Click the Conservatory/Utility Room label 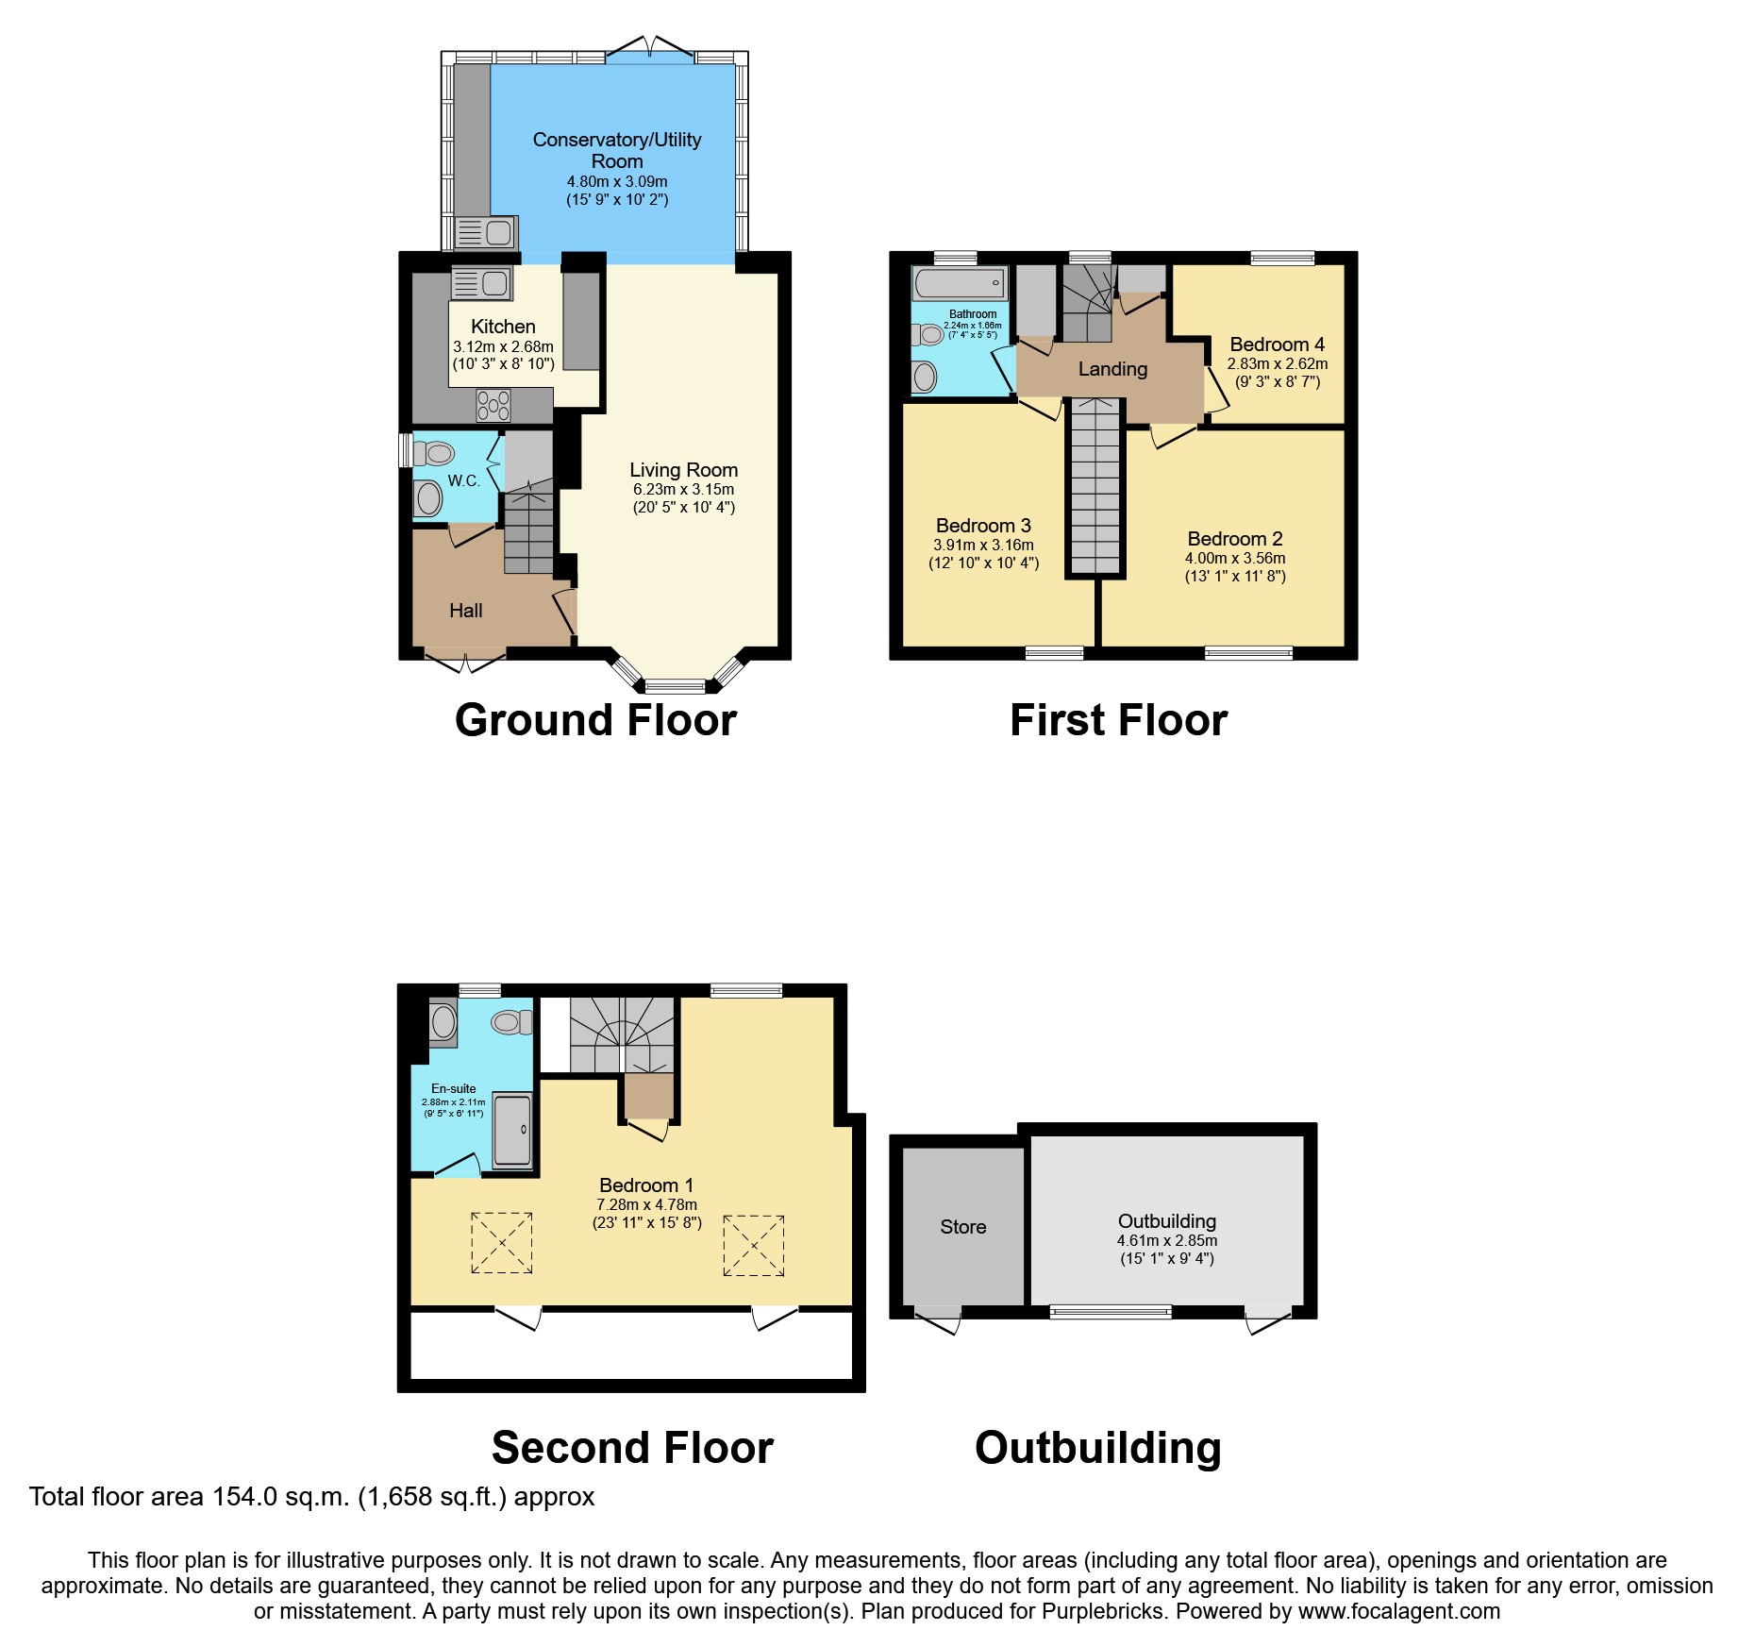(617, 150)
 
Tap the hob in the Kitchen (493, 405)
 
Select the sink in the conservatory (486, 232)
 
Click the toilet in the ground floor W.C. (434, 454)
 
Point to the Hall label (465, 611)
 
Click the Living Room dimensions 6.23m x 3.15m (683, 490)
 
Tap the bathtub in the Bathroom (959, 282)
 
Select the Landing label (1112, 369)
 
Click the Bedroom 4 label (1277, 345)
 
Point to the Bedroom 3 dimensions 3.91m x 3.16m (983, 546)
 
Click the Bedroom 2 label (1234, 539)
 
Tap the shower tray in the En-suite (513, 1130)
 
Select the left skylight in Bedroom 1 (501, 1243)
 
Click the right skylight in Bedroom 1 (754, 1246)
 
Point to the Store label (962, 1227)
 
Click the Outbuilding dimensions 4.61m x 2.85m (1166, 1241)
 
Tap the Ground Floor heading (595, 720)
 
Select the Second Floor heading (632, 1448)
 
